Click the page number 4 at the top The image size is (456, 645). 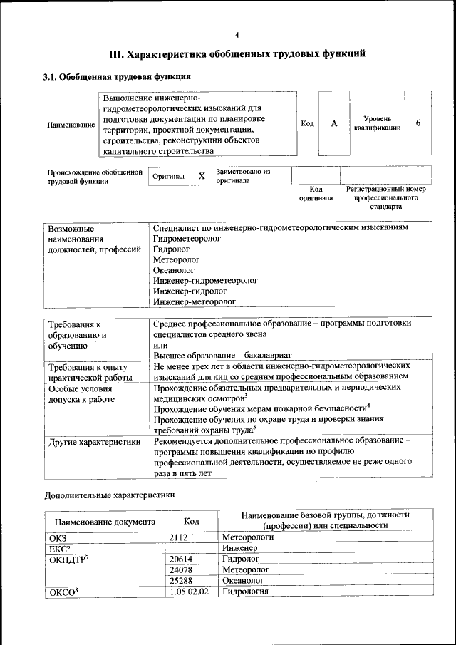point(237,35)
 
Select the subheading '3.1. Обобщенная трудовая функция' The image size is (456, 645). point(115,76)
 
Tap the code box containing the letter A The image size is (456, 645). point(333,123)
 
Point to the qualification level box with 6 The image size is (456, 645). point(418,123)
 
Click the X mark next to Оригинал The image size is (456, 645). point(202,176)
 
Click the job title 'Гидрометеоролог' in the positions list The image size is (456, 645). point(187,239)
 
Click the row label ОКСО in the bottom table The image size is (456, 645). point(63,592)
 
